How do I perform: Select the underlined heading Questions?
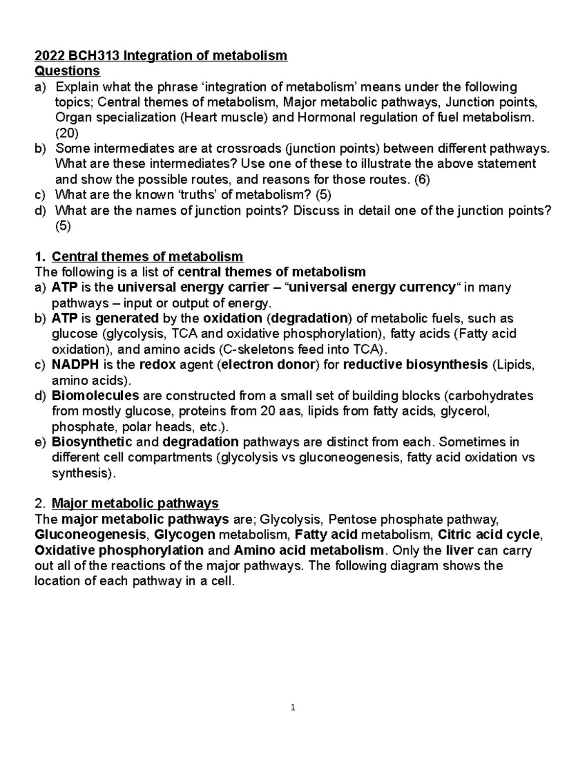pyautogui.click(x=68, y=71)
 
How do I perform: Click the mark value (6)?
pyautogui.click(x=422, y=180)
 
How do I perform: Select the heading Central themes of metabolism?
pyautogui.click(x=147, y=256)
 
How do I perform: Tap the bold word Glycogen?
pyautogui.click(x=184, y=534)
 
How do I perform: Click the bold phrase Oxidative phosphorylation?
pyautogui.click(x=119, y=550)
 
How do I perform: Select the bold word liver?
pyautogui.click(x=459, y=550)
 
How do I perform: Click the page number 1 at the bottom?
pyautogui.click(x=293, y=707)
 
